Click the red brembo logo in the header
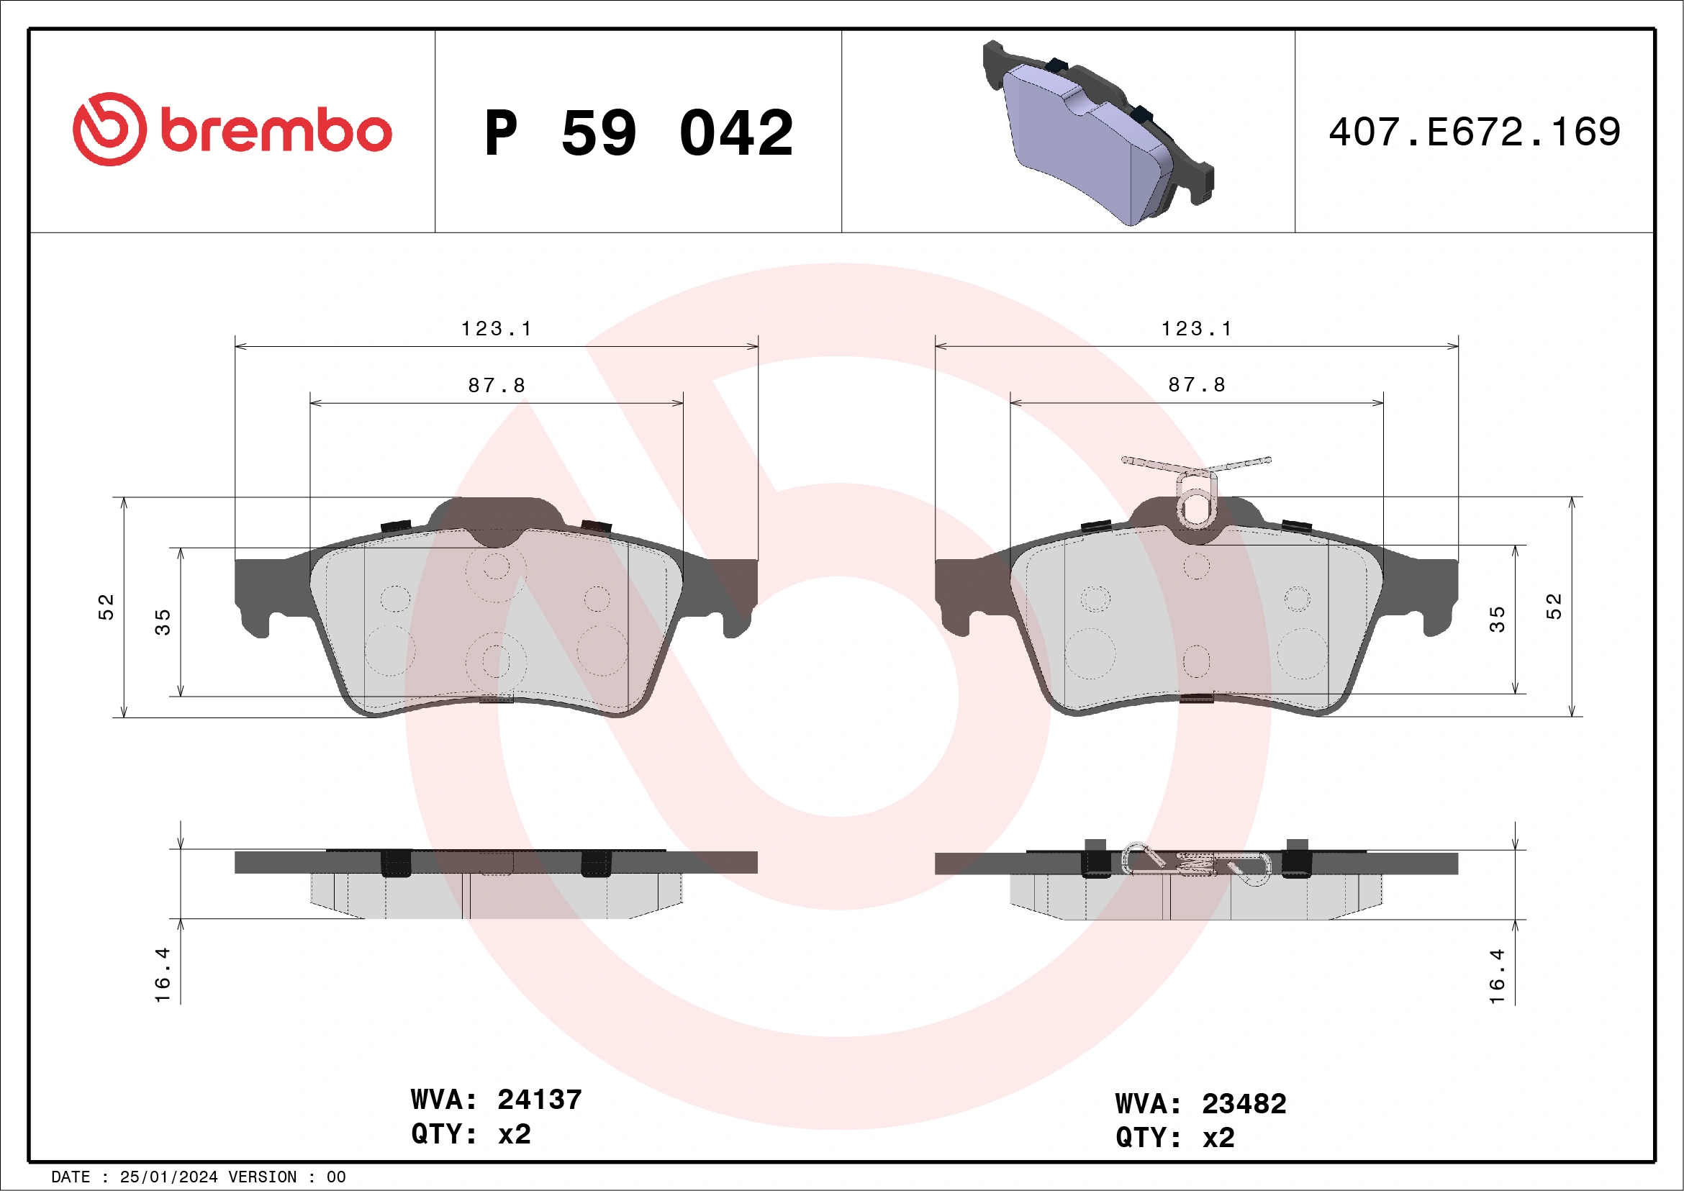click(x=232, y=129)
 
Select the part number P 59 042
click(x=638, y=133)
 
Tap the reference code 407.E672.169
click(x=1475, y=132)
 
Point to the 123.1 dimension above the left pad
click(x=496, y=329)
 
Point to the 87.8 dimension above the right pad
click(x=1196, y=384)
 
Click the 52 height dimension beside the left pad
click(x=107, y=607)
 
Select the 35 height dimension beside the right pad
click(x=1497, y=619)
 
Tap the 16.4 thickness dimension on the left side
click(x=162, y=974)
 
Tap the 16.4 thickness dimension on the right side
click(x=1497, y=976)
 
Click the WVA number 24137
click(x=539, y=1100)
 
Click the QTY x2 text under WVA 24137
click(x=471, y=1134)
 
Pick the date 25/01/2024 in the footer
click(x=168, y=1177)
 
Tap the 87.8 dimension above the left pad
click(x=497, y=385)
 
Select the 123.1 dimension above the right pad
click(x=1196, y=329)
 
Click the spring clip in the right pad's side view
click(x=1196, y=864)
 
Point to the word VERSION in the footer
click(x=263, y=1177)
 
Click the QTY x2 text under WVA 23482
click(x=1175, y=1138)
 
